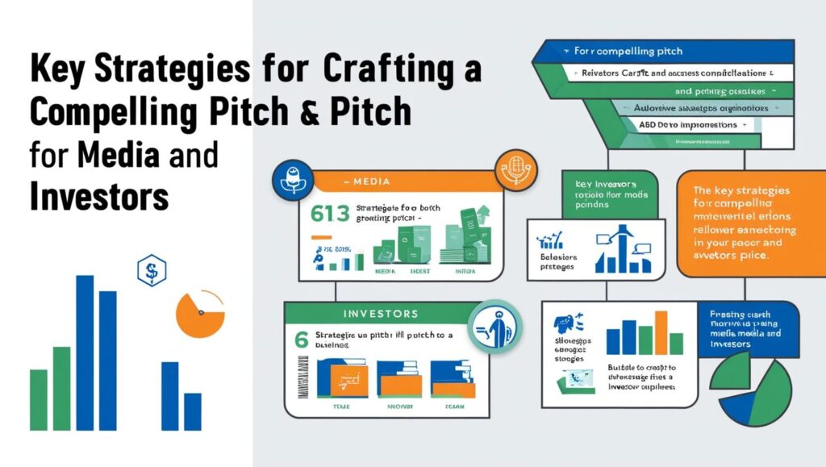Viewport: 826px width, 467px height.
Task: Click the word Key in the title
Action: click(58, 70)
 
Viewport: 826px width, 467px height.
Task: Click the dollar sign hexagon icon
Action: click(148, 272)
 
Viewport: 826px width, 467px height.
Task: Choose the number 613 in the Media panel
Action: click(328, 214)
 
